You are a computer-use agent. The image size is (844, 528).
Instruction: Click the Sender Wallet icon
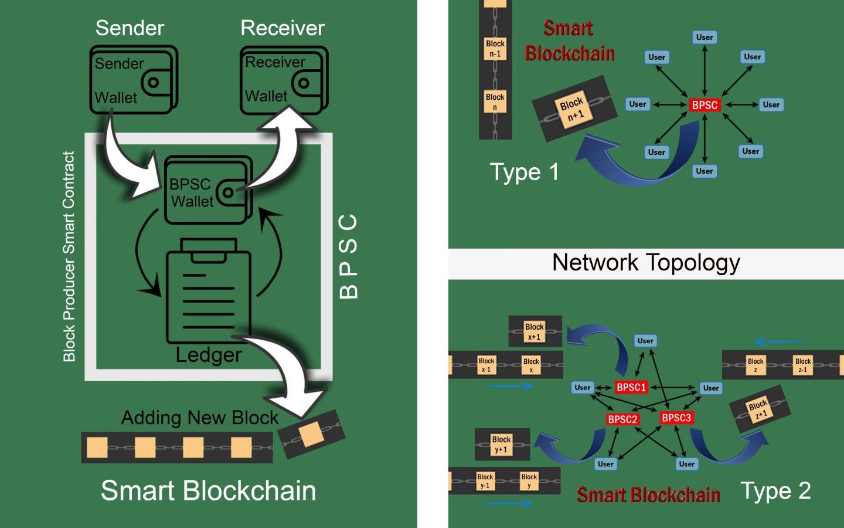(x=134, y=80)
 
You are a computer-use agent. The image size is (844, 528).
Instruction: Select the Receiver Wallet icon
(x=284, y=80)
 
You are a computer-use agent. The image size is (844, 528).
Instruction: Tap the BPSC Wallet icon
(x=209, y=189)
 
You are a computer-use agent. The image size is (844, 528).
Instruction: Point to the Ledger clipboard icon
(x=209, y=290)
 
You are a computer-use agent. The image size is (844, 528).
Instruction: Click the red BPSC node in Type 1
(x=705, y=105)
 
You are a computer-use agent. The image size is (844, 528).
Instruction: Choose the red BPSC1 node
(x=631, y=387)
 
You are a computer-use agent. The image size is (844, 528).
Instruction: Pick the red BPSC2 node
(x=622, y=419)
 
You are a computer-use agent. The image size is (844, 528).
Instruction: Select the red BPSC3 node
(x=676, y=418)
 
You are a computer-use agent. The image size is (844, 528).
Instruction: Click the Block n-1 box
(x=495, y=49)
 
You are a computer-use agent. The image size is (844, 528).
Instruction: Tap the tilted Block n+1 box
(x=572, y=109)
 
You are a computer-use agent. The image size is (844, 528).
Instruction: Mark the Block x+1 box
(x=535, y=331)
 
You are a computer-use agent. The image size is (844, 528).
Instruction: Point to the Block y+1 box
(x=501, y=444)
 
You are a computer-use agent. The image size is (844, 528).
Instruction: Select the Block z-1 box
(x=803, y=365)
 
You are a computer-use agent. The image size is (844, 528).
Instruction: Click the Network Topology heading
(x=646, y=263)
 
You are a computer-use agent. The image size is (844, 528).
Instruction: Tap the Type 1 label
(x=524, y=172)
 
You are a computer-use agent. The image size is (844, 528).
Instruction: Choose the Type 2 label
(x=775, y=490)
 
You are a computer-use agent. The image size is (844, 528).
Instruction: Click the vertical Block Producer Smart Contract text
(x=69, y=256)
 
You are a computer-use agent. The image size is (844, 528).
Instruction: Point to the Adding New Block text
(x=200, y=418)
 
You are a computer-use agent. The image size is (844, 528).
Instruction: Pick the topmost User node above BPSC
(x=705, y=38)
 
